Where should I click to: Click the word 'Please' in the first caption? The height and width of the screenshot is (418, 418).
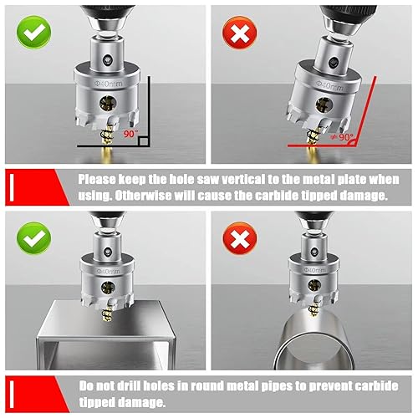(99, 177)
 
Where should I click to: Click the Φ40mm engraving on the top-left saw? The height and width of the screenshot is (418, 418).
(106, 81)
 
